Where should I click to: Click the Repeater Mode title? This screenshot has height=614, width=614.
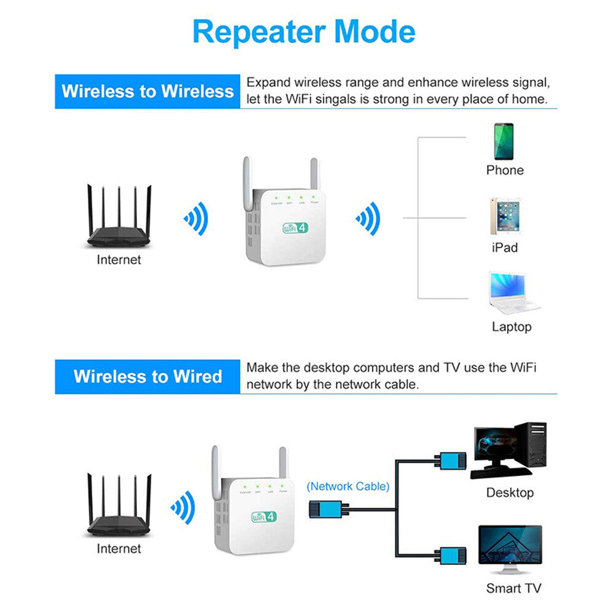tap(304, 32)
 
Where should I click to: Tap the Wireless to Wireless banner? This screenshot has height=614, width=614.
tap(147, 91)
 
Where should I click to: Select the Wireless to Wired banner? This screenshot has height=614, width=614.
tap(147, 376)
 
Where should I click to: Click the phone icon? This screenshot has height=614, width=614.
tap(504, 142)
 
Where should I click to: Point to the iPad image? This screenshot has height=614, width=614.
tap(505, 216)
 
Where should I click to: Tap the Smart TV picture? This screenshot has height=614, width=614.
tap(510, 550)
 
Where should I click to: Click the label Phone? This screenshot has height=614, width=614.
tap(505, 171)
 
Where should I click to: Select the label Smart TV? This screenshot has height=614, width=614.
tap(514, 588)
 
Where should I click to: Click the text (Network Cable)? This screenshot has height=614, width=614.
tap(348, 486)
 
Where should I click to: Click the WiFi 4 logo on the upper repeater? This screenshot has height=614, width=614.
tap(295, 228)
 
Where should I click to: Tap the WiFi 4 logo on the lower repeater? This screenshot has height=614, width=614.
tap(263, 516)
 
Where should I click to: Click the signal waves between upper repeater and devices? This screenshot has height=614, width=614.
tap(368, 218)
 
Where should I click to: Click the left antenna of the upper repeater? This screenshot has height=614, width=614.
tap(247, 178)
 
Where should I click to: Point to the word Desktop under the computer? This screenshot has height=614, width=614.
tap(510, 492)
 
